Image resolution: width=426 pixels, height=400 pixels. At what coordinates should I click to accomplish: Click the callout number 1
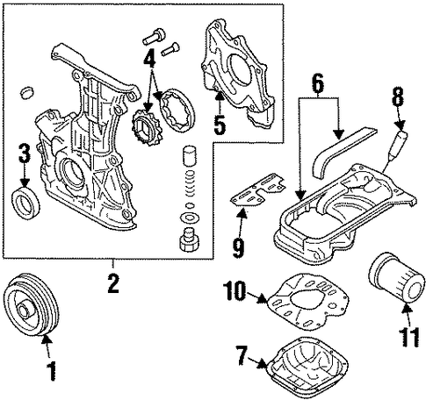[x=50, y=370]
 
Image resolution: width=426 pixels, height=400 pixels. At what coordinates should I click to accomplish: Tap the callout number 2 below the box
[x=113, y=282]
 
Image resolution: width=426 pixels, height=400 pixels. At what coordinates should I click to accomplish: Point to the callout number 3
[x=25, y=154]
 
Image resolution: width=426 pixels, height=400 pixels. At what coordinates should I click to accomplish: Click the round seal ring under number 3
[x=25, y=203]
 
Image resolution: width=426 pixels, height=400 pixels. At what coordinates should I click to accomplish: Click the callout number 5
[x=219, y=125]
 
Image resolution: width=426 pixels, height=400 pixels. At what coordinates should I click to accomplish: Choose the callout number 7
[x=242, y=355]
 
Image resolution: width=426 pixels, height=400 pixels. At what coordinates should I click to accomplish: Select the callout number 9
[x=239, y=248]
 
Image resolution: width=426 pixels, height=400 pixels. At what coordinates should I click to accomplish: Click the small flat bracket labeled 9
[x=258, y=190]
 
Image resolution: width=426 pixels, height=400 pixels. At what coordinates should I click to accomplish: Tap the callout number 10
[x=235, y=290]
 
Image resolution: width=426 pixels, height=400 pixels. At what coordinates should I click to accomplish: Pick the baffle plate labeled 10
[x=309, y=301]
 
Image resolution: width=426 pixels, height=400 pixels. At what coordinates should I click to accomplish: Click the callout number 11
[x=408, y=337]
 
